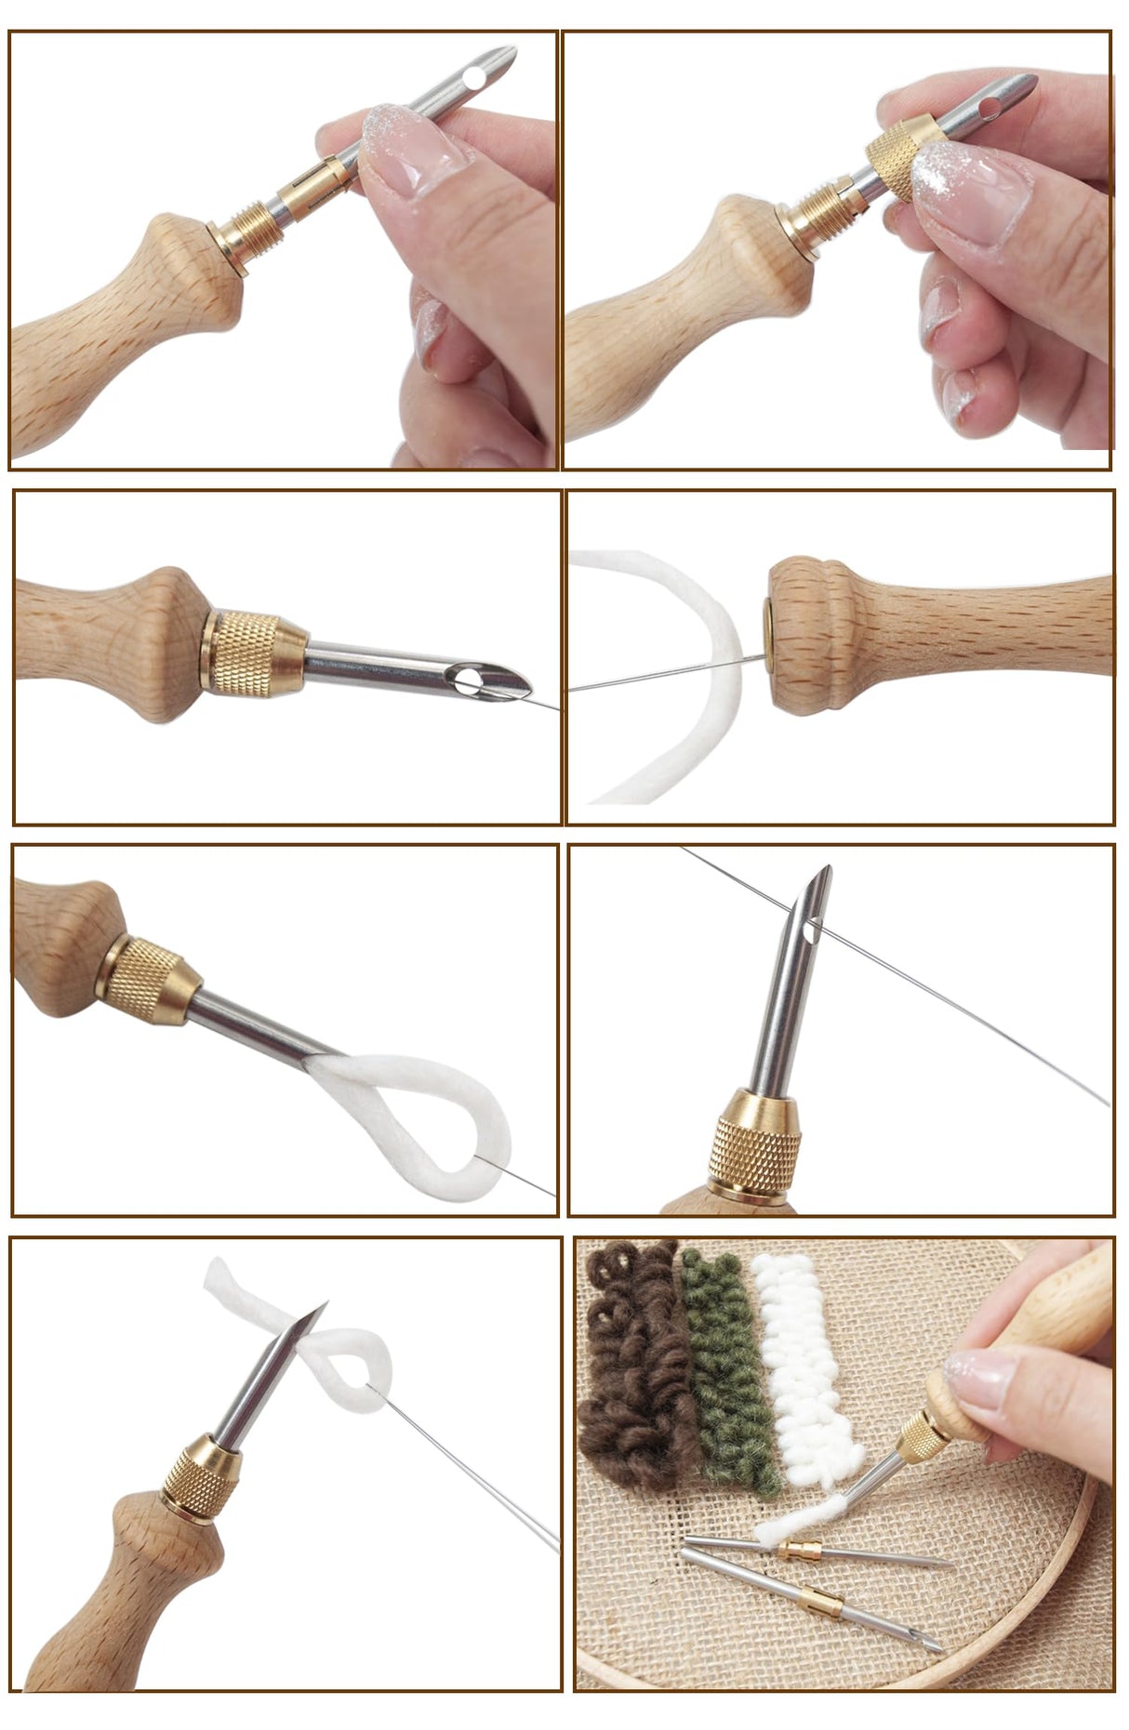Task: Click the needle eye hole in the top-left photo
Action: point(475,74)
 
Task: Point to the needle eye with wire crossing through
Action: point(814,926)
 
